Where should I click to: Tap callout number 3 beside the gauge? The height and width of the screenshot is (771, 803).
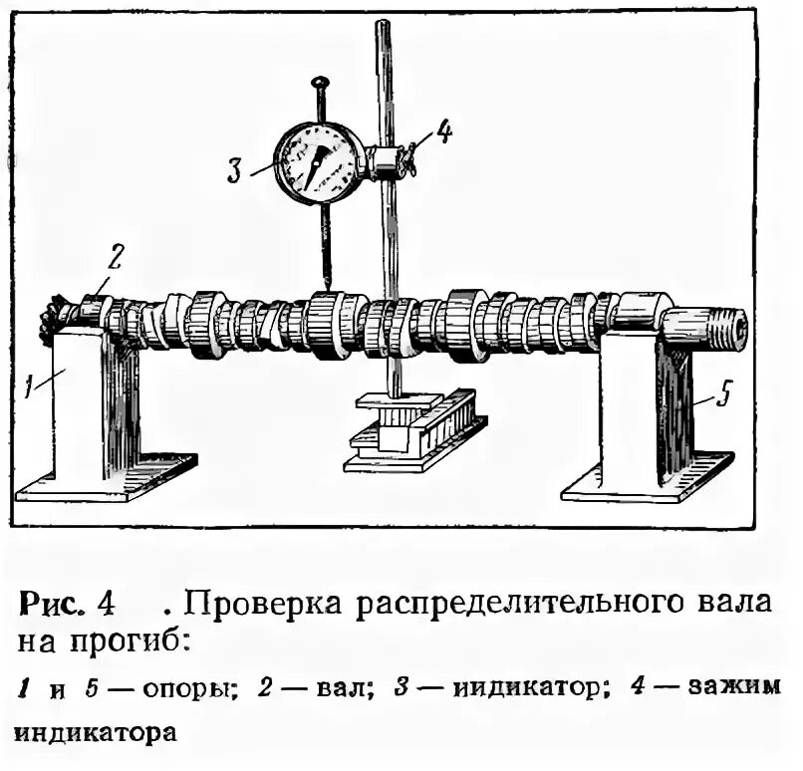click(235, 170)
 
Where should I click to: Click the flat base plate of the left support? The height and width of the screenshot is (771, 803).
click(110, 478)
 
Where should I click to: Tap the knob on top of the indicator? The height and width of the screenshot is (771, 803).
click(321, 83)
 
